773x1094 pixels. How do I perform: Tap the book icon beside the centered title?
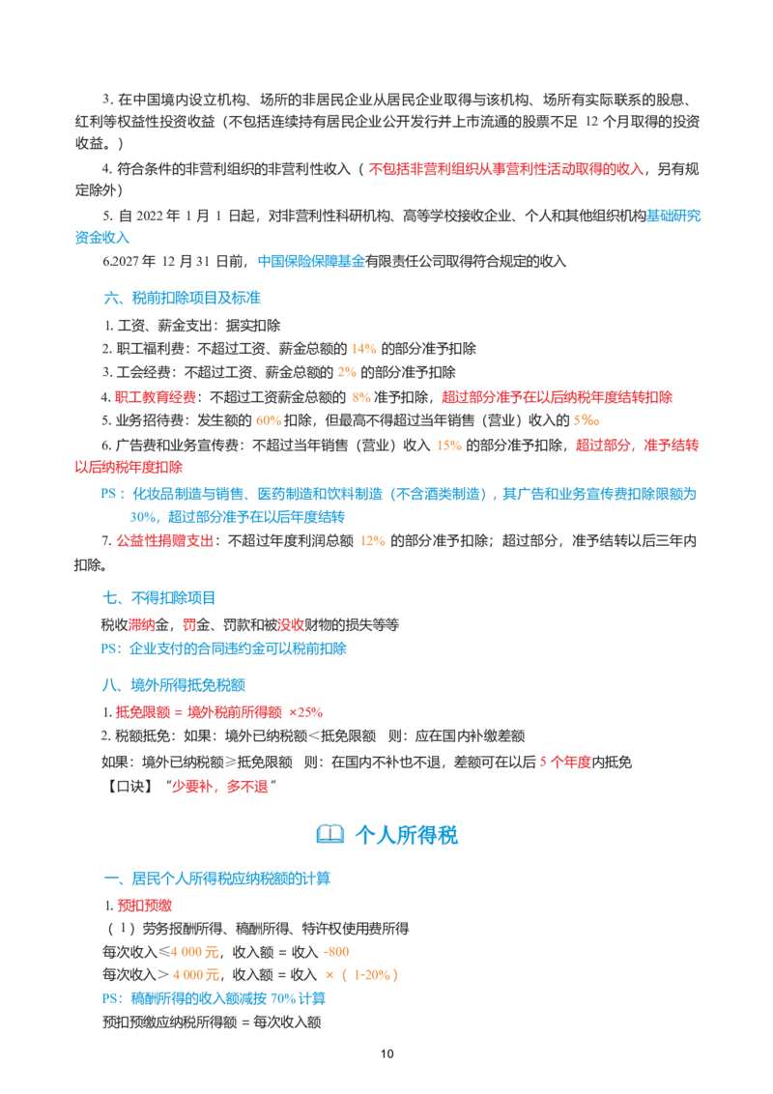[x=330, y=834]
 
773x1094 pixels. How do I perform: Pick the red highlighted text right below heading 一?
[x=145, y=906]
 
